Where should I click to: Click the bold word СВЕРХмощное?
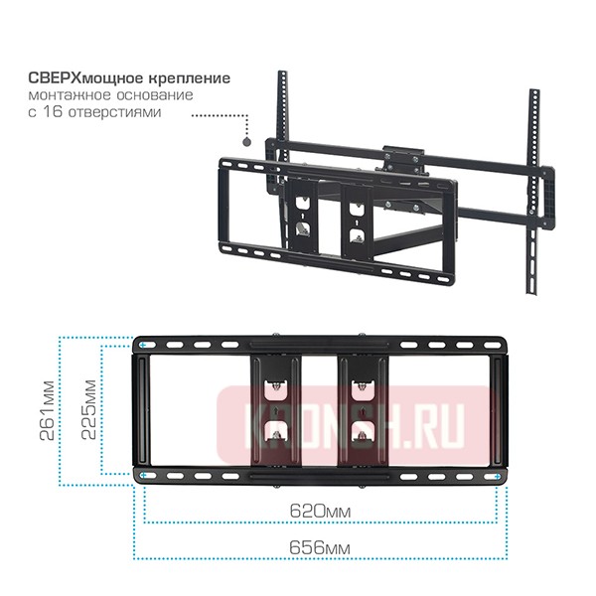pyautogui.click(x=85, y=76)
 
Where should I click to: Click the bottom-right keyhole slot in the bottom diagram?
pyautogui.click(x=361, y=433)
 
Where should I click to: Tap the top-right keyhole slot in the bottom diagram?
pyautogui.click(x=361, y=383)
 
